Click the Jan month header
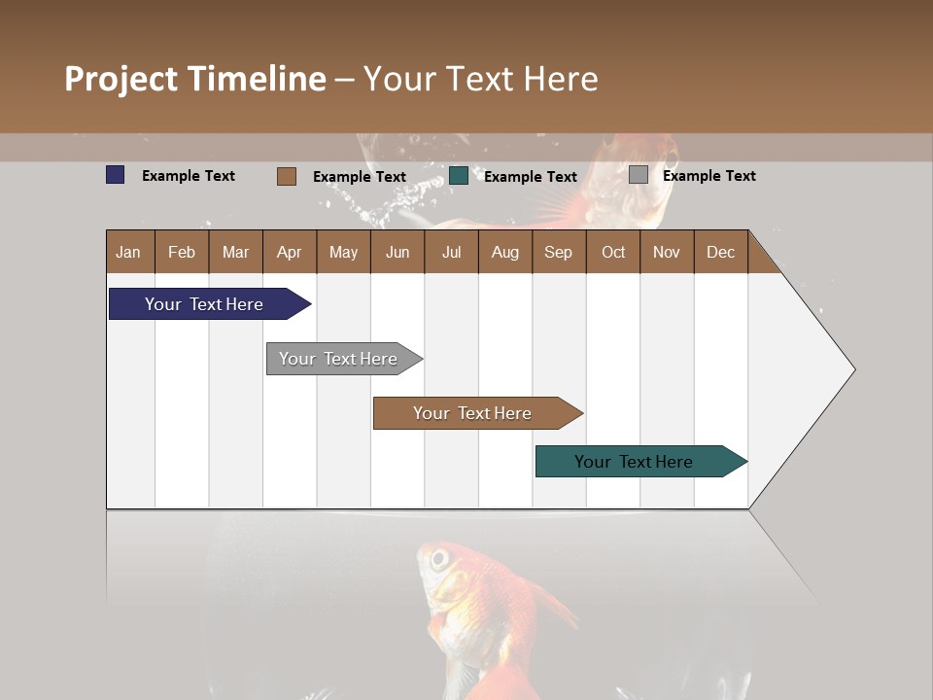128,252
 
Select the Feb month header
182,252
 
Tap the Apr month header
289,252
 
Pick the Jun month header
397,252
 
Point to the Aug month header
504,252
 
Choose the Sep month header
558,252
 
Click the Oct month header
613,252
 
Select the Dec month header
720,252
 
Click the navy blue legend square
116,175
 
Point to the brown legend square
287,176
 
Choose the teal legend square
459,176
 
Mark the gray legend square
639,175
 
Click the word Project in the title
121,79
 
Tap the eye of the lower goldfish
438,559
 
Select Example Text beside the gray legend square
708,176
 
